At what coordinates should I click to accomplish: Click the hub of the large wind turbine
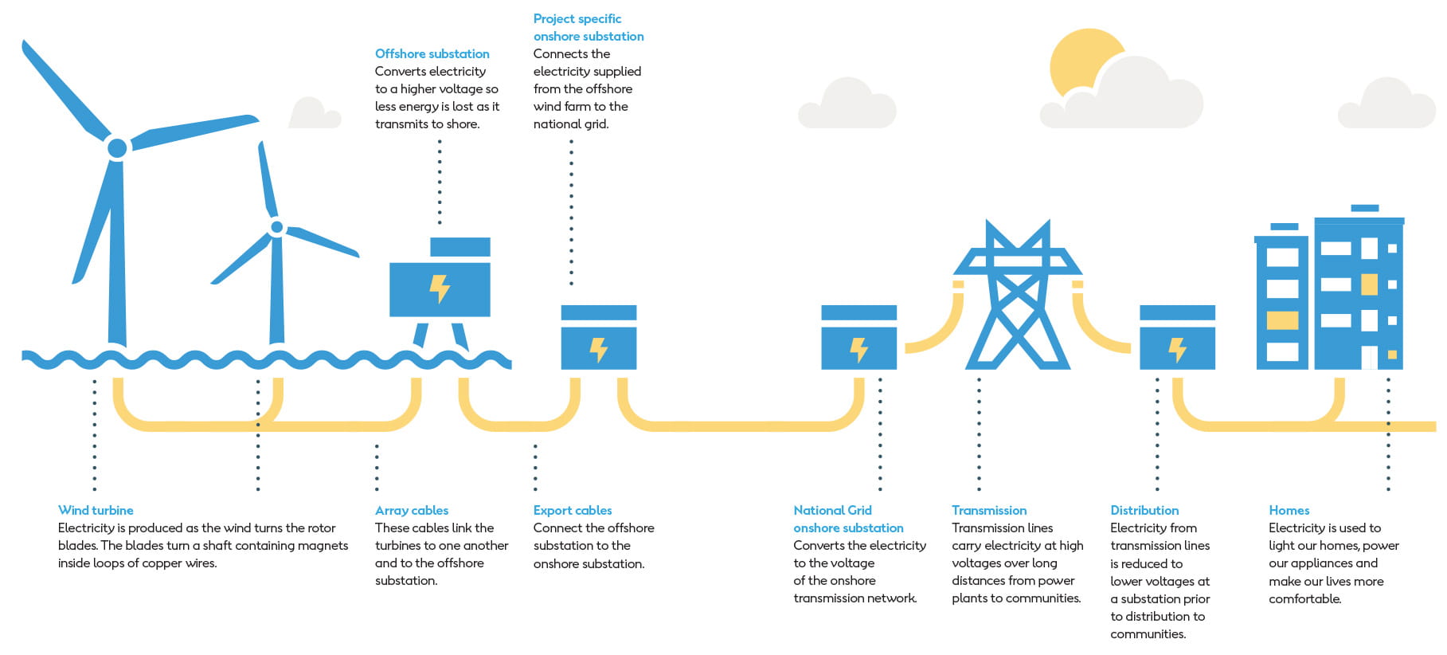(117, 147)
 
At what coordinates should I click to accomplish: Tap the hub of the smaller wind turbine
(276, 227)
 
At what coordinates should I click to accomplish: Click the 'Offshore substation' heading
(432, 53)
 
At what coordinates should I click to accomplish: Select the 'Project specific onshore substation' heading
(588, 27)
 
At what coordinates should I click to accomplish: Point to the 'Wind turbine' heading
(96, 510)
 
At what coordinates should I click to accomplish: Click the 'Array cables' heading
(411, 510)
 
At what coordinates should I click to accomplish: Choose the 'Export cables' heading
(572, 510)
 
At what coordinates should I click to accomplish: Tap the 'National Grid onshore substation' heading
(847, 519)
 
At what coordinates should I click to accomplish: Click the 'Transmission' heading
(988, 510)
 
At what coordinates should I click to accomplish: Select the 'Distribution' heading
(1144, 510)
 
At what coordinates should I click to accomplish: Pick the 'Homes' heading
(1289, 510)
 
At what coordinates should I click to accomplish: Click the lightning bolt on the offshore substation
(440, 288)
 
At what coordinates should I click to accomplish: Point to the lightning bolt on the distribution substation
(1176, 349)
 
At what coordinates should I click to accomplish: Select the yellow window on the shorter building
(1282, 320)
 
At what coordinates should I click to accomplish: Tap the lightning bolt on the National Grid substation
(858, 349)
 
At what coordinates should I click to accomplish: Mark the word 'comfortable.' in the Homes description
(1304, 598)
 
